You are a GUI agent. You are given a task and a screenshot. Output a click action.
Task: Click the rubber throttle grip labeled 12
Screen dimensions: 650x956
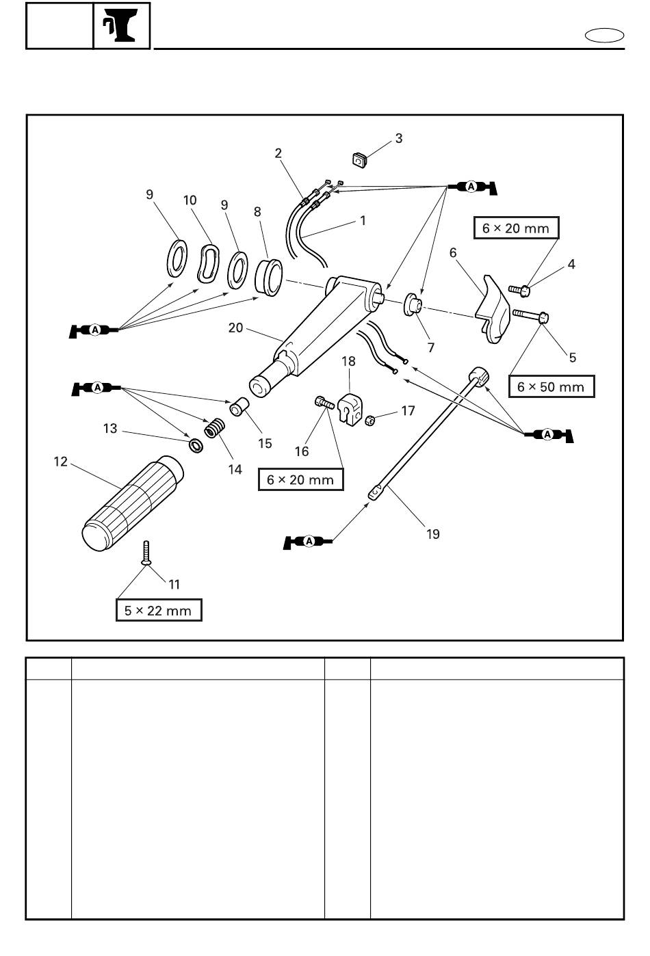click(x=132, y=503)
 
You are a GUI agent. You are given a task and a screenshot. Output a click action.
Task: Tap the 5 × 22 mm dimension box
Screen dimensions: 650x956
click(x=159, y=610)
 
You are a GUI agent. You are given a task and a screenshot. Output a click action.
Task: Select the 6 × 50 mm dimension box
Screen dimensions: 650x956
click(x=551, y=386)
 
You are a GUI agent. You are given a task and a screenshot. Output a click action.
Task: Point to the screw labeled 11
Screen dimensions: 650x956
click(x=146, y=553)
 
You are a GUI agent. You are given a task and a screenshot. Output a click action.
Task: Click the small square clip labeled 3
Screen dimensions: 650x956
click(x=360, y=160)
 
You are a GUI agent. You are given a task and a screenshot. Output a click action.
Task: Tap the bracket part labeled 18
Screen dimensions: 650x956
click(x=350, y=410)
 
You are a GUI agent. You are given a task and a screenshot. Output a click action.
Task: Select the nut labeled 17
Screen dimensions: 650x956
click(x=371, y=421)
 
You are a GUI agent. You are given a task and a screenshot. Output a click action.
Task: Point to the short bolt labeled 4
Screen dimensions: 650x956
click(x=519, y=291)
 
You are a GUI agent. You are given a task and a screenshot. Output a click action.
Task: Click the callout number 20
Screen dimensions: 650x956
click(x=235, y=328)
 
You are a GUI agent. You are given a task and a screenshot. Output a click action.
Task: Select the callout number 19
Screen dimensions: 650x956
click(x=432, y=534)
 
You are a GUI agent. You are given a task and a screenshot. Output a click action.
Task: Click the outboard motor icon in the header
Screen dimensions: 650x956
click(x=121, y=25)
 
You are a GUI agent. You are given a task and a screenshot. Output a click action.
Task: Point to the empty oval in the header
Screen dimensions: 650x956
click(x=604, y=36)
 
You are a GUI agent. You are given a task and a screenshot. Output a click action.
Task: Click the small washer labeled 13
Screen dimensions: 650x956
click(x=196, y=446)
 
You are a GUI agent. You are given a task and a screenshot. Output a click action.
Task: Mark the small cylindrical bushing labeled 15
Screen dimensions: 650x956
click(x=239, y=406)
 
